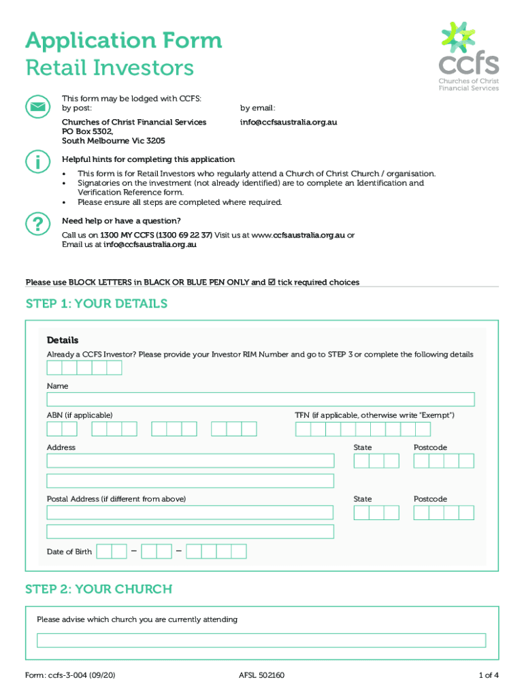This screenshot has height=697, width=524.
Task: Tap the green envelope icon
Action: [37, 107]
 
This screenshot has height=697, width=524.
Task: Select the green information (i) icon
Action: [37, 162]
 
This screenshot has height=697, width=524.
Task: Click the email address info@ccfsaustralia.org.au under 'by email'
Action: [289, 123]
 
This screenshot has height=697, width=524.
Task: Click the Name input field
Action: [260, 400]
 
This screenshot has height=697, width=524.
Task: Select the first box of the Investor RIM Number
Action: [54, 368]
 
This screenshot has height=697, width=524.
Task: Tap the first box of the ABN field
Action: [54, 429]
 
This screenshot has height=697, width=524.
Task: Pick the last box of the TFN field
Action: [423, 429]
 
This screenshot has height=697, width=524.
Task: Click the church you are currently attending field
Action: [261, 641]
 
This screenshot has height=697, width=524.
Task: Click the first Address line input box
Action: [190, 461]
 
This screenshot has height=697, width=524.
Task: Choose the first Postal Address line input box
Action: [190, 513]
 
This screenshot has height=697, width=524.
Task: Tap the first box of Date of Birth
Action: [104, 551]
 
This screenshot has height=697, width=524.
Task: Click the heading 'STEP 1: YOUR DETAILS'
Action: [96, 304]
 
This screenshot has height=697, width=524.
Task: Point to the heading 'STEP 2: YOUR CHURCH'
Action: [99, 589]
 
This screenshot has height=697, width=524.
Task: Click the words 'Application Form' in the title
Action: [123, 41]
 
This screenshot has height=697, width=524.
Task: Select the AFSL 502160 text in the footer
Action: [261, 676]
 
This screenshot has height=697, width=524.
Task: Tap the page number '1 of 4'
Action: [488, 676]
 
